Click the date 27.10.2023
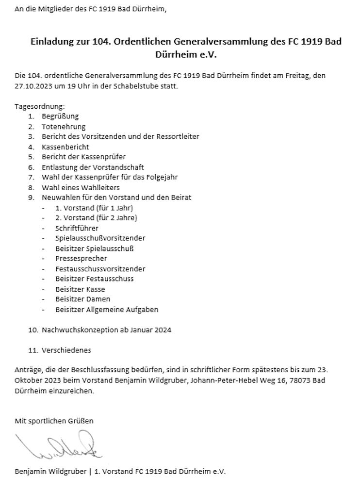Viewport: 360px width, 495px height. (32, 86)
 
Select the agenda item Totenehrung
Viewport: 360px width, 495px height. (64, 127)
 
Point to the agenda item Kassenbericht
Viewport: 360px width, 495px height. (65, 147)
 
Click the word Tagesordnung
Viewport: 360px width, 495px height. (39, 106)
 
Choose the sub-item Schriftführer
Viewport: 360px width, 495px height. (77, 228)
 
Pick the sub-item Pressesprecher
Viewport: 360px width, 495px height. (81, 259)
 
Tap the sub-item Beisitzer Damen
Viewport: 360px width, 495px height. (82, 299)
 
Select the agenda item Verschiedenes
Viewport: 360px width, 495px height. (66, 350)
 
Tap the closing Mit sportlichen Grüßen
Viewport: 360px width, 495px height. (54, 421)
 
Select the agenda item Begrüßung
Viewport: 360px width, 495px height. (60, 116)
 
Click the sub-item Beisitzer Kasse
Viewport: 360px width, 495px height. (80, 289)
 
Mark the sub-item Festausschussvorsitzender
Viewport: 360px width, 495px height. (100, 269)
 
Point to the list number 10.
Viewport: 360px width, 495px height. (33, 330)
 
